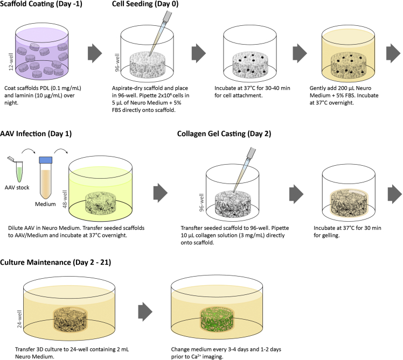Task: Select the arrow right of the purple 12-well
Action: coord(94,53)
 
